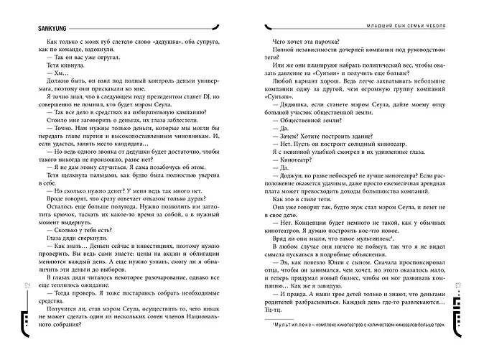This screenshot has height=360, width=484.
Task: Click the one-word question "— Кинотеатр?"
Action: (295, 167)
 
